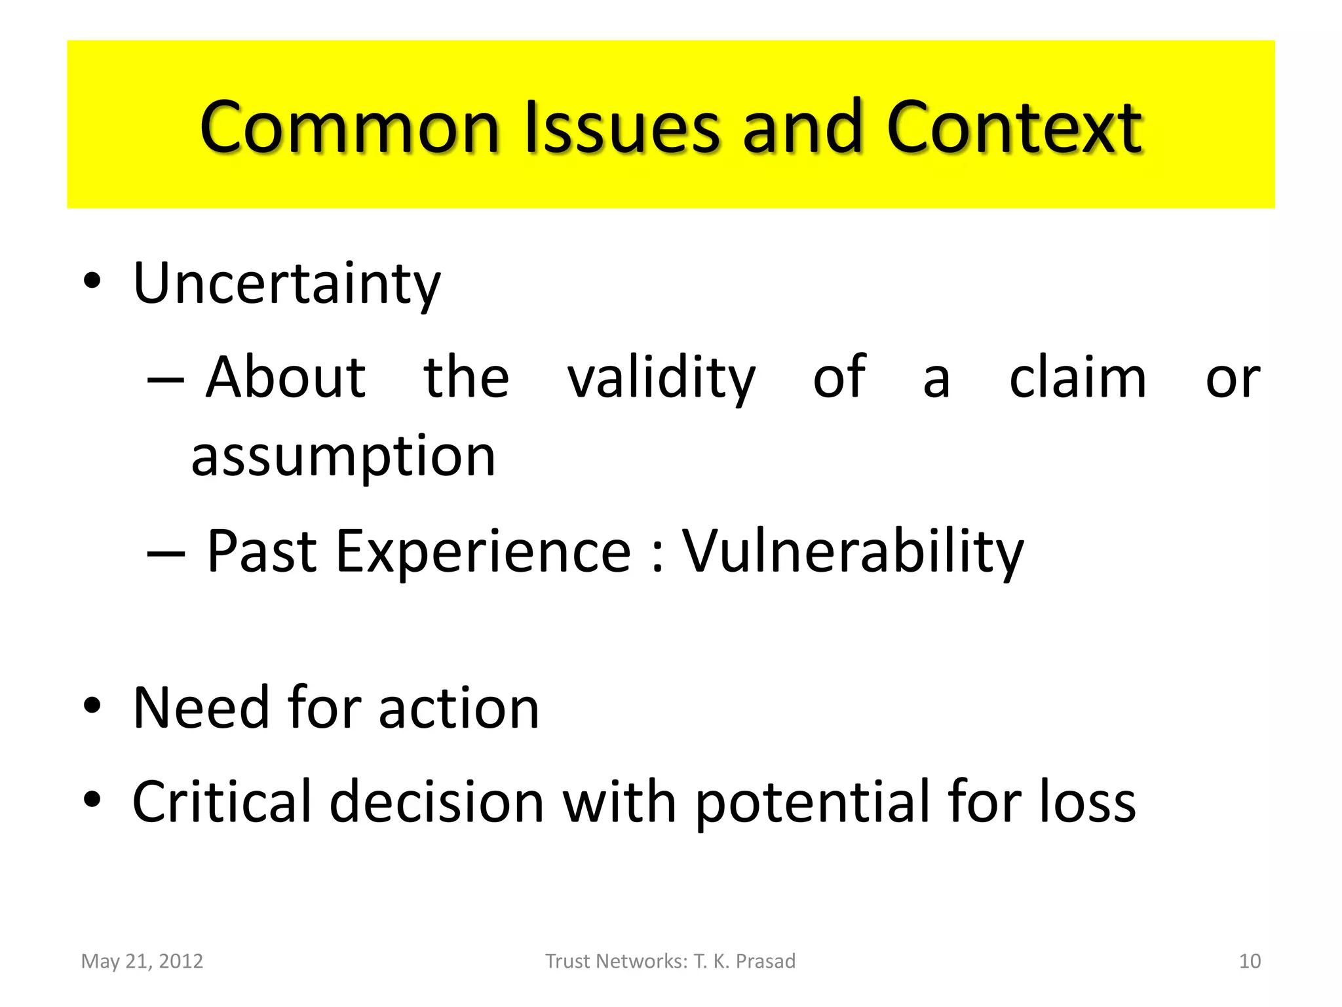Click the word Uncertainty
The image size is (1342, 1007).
point(286,284)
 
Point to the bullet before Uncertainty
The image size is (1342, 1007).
point(92,281)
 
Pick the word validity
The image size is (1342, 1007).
point(661,378)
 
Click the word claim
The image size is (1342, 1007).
point(1077,378)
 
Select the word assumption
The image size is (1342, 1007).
point(343,457)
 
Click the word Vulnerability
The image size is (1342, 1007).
point(853,552)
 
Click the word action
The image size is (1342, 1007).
point(459,708)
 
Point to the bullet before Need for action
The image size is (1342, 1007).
point(92,705)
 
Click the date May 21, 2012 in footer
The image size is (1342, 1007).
point(142,961)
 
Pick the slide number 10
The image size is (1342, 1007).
point(1250,961)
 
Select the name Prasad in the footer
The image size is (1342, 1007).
point(765,961)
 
